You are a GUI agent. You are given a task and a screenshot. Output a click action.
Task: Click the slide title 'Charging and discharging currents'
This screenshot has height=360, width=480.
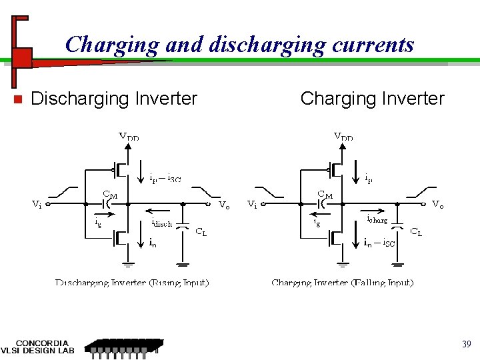(240, 45)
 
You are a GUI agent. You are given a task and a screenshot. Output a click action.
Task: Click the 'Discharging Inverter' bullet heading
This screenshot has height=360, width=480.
(114, 99)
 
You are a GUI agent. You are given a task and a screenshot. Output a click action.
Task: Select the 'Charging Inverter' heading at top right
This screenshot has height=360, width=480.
(372, 99)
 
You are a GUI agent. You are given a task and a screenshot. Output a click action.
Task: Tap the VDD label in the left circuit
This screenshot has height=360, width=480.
(129, 137)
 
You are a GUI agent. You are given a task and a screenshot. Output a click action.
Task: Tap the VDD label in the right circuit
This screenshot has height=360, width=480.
(343, 137)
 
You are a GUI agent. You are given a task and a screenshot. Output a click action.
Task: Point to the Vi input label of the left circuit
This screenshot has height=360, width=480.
(37, 205)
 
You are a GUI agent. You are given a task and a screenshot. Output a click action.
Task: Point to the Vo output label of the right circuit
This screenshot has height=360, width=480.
(438, 205)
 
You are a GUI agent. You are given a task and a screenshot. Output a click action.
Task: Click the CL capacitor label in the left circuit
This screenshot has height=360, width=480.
(201, 232)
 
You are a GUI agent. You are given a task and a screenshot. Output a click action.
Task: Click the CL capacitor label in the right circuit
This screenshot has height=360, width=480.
(415, 232)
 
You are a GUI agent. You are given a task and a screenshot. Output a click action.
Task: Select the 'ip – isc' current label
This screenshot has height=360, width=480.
(164, 178)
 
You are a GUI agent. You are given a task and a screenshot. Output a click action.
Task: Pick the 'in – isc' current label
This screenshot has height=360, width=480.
(379, 243)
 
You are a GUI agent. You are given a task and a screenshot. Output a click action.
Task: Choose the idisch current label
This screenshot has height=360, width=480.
(162, 223)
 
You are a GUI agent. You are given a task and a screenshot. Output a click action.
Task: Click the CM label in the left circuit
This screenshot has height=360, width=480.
(110, 194)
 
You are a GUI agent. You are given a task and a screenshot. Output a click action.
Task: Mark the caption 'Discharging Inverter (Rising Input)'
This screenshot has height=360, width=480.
(132, 283)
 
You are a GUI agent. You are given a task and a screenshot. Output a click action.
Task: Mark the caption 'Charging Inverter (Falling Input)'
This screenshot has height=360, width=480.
(343, 283)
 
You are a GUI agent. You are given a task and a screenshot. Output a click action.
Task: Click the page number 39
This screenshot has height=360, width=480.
(466, 344)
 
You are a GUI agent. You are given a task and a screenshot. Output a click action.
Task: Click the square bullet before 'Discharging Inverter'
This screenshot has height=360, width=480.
(19, 99)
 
